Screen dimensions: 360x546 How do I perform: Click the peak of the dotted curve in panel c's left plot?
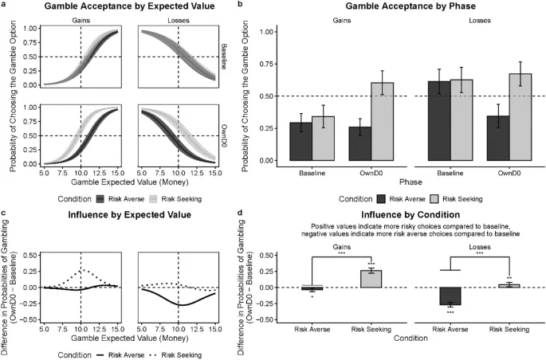[x=80, y=270]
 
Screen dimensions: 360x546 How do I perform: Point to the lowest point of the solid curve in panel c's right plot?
[x=181, y=304]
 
